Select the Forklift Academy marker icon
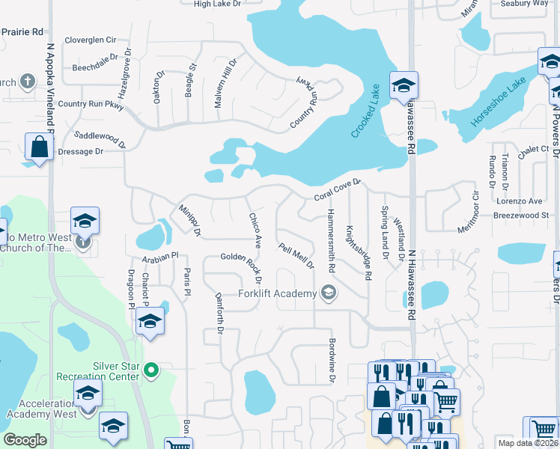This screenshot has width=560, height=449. click(x=327, y=293)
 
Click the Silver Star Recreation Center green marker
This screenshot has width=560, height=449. click(x=151, y=370)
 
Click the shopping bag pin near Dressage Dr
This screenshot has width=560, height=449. click(x=39, y=147)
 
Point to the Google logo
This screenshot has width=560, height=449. click(x=25, y=439)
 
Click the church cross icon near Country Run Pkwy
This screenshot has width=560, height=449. click(x=27, y=81)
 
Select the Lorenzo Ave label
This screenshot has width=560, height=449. click(x=519, y=201)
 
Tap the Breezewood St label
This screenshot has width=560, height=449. click(x=521, y=215)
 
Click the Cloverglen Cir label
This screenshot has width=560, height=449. click(x=91, y=39)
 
